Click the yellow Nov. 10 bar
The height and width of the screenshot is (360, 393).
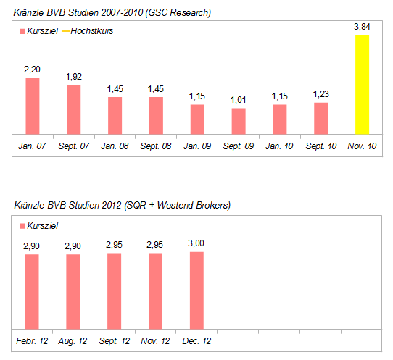(x=362, y=84)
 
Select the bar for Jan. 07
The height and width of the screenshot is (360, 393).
(x=32, y=105)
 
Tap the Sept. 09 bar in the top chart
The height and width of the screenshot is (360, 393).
(x=239, y=121)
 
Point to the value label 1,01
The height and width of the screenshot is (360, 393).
(x=239, y=100)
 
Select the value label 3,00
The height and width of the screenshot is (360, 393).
(x=196, y=243)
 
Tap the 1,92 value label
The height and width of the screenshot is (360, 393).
(x=73, y=76)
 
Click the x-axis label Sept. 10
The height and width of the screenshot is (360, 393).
(x=320, y=146)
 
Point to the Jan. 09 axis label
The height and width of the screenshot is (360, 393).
(x=197, y=146)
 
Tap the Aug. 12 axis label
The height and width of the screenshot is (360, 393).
(x=73, y=340)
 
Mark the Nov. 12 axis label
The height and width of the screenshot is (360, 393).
(x=156, y=340)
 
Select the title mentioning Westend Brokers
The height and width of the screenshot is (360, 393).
(x=123, y=206)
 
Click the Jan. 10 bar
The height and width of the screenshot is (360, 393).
(x=279, y=119)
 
